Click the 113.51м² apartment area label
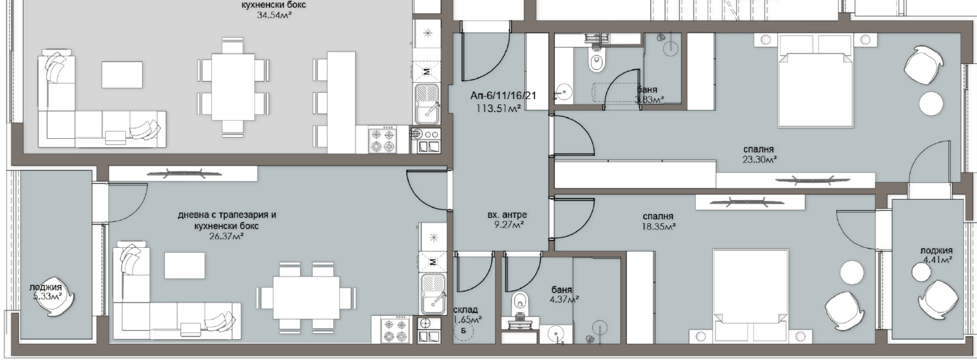tap(499, 108)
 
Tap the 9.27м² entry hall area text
tap(506, 225)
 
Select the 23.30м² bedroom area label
tap(760, 160)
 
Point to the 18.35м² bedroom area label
tap(659, 226)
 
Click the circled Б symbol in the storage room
tap(464, 331)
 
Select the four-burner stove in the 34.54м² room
tap(382, 140)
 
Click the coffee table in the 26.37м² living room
tap(185, 265)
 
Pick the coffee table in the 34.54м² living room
tap(122, 74)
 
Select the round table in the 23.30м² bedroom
tap(931, 104)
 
